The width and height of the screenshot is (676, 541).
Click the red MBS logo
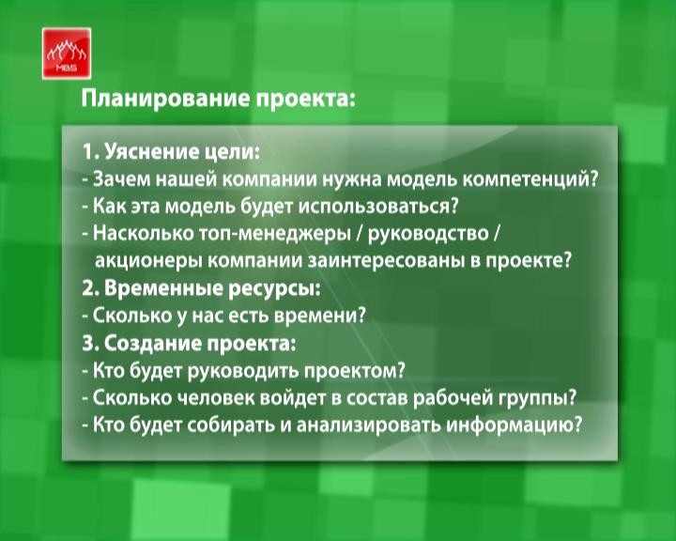click(x=67, y=54)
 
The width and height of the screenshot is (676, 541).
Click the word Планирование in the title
click(x=165, y=100)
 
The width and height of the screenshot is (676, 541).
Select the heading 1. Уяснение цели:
click(x=172, y=152)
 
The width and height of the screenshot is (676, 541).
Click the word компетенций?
click(x=530, y=179)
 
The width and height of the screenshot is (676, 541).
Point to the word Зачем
click(x=121, y=179)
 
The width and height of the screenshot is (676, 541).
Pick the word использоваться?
click(x=378, y=207)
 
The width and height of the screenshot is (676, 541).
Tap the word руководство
click(x=428, y=234)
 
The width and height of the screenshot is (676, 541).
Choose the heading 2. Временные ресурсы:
click(x=201, y=289)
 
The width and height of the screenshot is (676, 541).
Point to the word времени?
click(x=320, y=317)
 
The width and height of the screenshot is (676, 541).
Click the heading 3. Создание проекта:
click(x=190, y=344)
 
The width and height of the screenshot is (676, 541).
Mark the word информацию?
click(x=514, y=425)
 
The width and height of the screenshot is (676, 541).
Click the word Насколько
click(x=143, y=233)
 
